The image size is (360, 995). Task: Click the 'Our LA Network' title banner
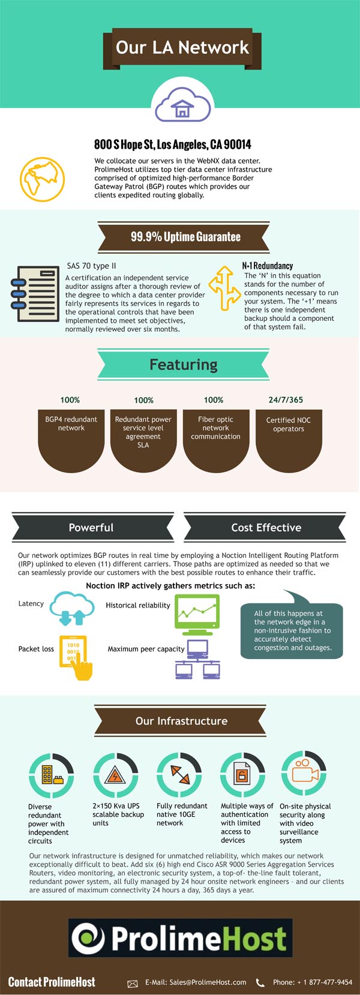[x=182, y=47]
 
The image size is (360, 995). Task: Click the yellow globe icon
[x=42, y=179]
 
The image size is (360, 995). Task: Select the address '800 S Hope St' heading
[x=173, y=145]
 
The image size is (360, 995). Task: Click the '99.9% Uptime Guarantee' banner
[x=185, y=237]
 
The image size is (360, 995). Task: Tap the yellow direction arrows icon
[x=221, y=288]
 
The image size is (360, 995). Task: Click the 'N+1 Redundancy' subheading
[x=268, y=266]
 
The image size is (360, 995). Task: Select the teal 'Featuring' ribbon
[x=183, y=365]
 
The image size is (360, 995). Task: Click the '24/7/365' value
[x=286, y=399]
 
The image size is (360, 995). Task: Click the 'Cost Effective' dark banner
[x=266, y=528]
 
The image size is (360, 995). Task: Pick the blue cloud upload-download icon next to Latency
[x=72, y=608]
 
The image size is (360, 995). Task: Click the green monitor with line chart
[x=197, y=614]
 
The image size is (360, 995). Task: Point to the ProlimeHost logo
[x=180, y=937]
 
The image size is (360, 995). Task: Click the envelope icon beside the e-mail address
[x=133, y=983]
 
